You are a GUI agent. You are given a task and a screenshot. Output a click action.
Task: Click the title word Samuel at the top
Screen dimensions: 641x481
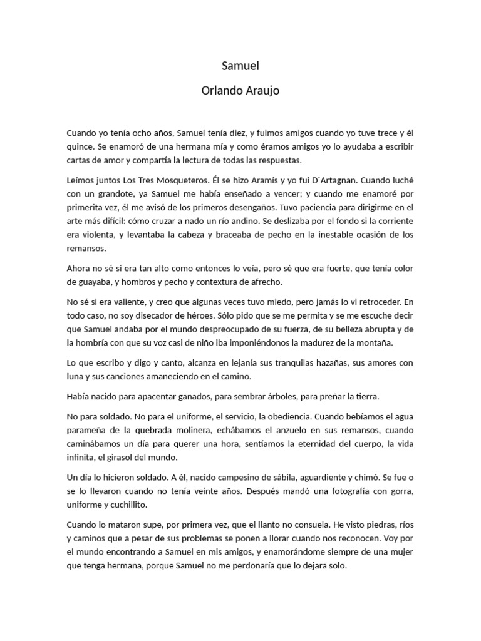(240, 65)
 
